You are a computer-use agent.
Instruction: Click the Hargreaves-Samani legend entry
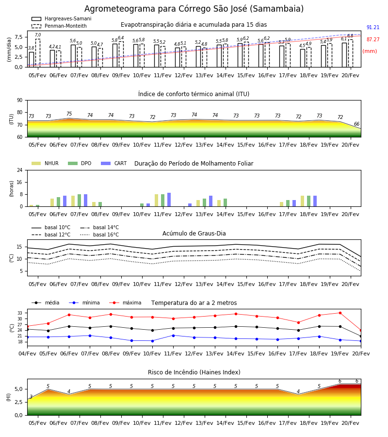pyautogui.click(x=61, y=18)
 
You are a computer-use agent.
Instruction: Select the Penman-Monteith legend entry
pyautogui.click(x=59, y=26)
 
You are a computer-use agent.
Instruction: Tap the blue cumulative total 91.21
pyautogui.click(x=373, y=27)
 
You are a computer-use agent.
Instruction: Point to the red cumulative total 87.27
pyautogui.click(x=373, y=40)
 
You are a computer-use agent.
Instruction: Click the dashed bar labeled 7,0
pyautogui.click(x=38, y=53)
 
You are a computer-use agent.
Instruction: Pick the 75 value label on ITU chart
pyautogui.click(x=69, y=114)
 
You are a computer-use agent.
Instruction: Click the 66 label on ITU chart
pyautogui.click(x=356, y=124)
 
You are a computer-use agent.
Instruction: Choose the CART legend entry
pyautogui.click(x=113, y=163)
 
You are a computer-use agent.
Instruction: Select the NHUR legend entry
pyautogui.click(x=45, y=163)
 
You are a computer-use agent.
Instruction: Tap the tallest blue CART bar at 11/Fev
pyautogui.click(x=169, y=200)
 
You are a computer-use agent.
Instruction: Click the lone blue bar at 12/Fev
pyautogui.click(x=190, y=205)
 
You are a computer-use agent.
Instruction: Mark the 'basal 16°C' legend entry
pyautogui.click(x=99, y=235)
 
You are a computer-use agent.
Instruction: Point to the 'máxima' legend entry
pyautogui.click(x=125, y=303)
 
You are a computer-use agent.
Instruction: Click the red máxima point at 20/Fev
pyautogui.click(x=361, y=331)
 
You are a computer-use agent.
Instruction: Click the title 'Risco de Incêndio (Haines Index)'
pyautogui.click(x=194, y=372)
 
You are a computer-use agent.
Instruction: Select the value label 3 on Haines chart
pyautogui.click(x=31, y=397)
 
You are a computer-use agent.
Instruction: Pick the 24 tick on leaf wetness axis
pyautogui.click(x=20, y=170)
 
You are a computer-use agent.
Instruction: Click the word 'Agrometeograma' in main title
pyautogui.click(x=120, y=9)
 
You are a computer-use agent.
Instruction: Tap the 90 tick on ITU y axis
pyautogui.click(x=20, y=101)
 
